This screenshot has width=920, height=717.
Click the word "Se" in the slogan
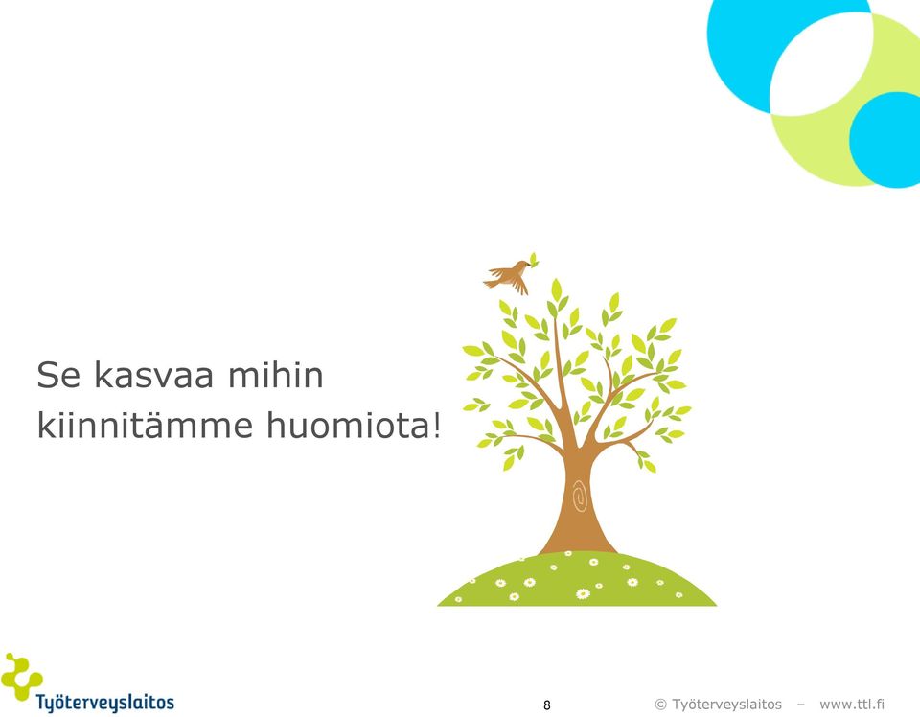tap(58, 375)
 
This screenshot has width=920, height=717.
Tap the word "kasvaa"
tap(153, 375)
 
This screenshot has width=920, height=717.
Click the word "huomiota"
tap(348, 425)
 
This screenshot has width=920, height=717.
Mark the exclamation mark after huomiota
tap(436, 425)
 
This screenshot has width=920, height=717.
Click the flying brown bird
tap(508, 277)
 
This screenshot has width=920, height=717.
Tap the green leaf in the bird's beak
tap(534, 259)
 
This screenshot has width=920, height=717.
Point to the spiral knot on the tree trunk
tap(579, 496)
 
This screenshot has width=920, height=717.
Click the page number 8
tap(547, 705)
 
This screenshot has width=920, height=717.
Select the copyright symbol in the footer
tap(660, 705)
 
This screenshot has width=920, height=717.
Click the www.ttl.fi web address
tap(852, 705)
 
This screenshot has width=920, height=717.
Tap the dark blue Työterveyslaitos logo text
tap(105, 703)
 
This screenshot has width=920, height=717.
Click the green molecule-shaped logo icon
tap(21, 677)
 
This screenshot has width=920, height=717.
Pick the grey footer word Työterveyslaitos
tap(727, 705)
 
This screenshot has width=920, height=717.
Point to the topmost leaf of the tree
tap(556, 289)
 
